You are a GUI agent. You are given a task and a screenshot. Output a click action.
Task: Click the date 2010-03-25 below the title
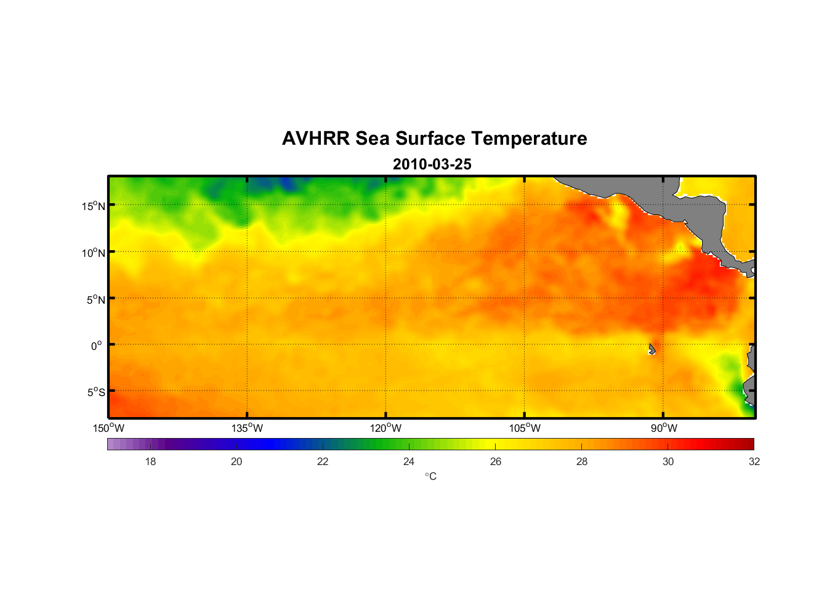pos(432,164)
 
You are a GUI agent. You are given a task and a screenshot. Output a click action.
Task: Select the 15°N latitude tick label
pos(94,206)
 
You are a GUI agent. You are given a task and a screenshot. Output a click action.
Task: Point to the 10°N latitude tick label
pos(94,253)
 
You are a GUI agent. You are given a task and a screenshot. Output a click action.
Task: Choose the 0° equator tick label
pos(97,346)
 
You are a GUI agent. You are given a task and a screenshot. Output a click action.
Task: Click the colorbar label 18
pos(150,461)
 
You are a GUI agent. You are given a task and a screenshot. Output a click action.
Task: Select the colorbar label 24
pos(409,461)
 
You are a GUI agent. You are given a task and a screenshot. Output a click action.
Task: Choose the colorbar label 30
pos(668,461)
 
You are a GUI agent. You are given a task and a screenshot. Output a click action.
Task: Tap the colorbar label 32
pos(754,461)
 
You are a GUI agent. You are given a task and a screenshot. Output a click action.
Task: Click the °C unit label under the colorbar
pos(430,477)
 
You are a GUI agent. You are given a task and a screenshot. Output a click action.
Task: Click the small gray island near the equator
pos(651,349)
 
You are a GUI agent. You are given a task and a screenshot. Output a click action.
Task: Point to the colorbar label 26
pos(496,461)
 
